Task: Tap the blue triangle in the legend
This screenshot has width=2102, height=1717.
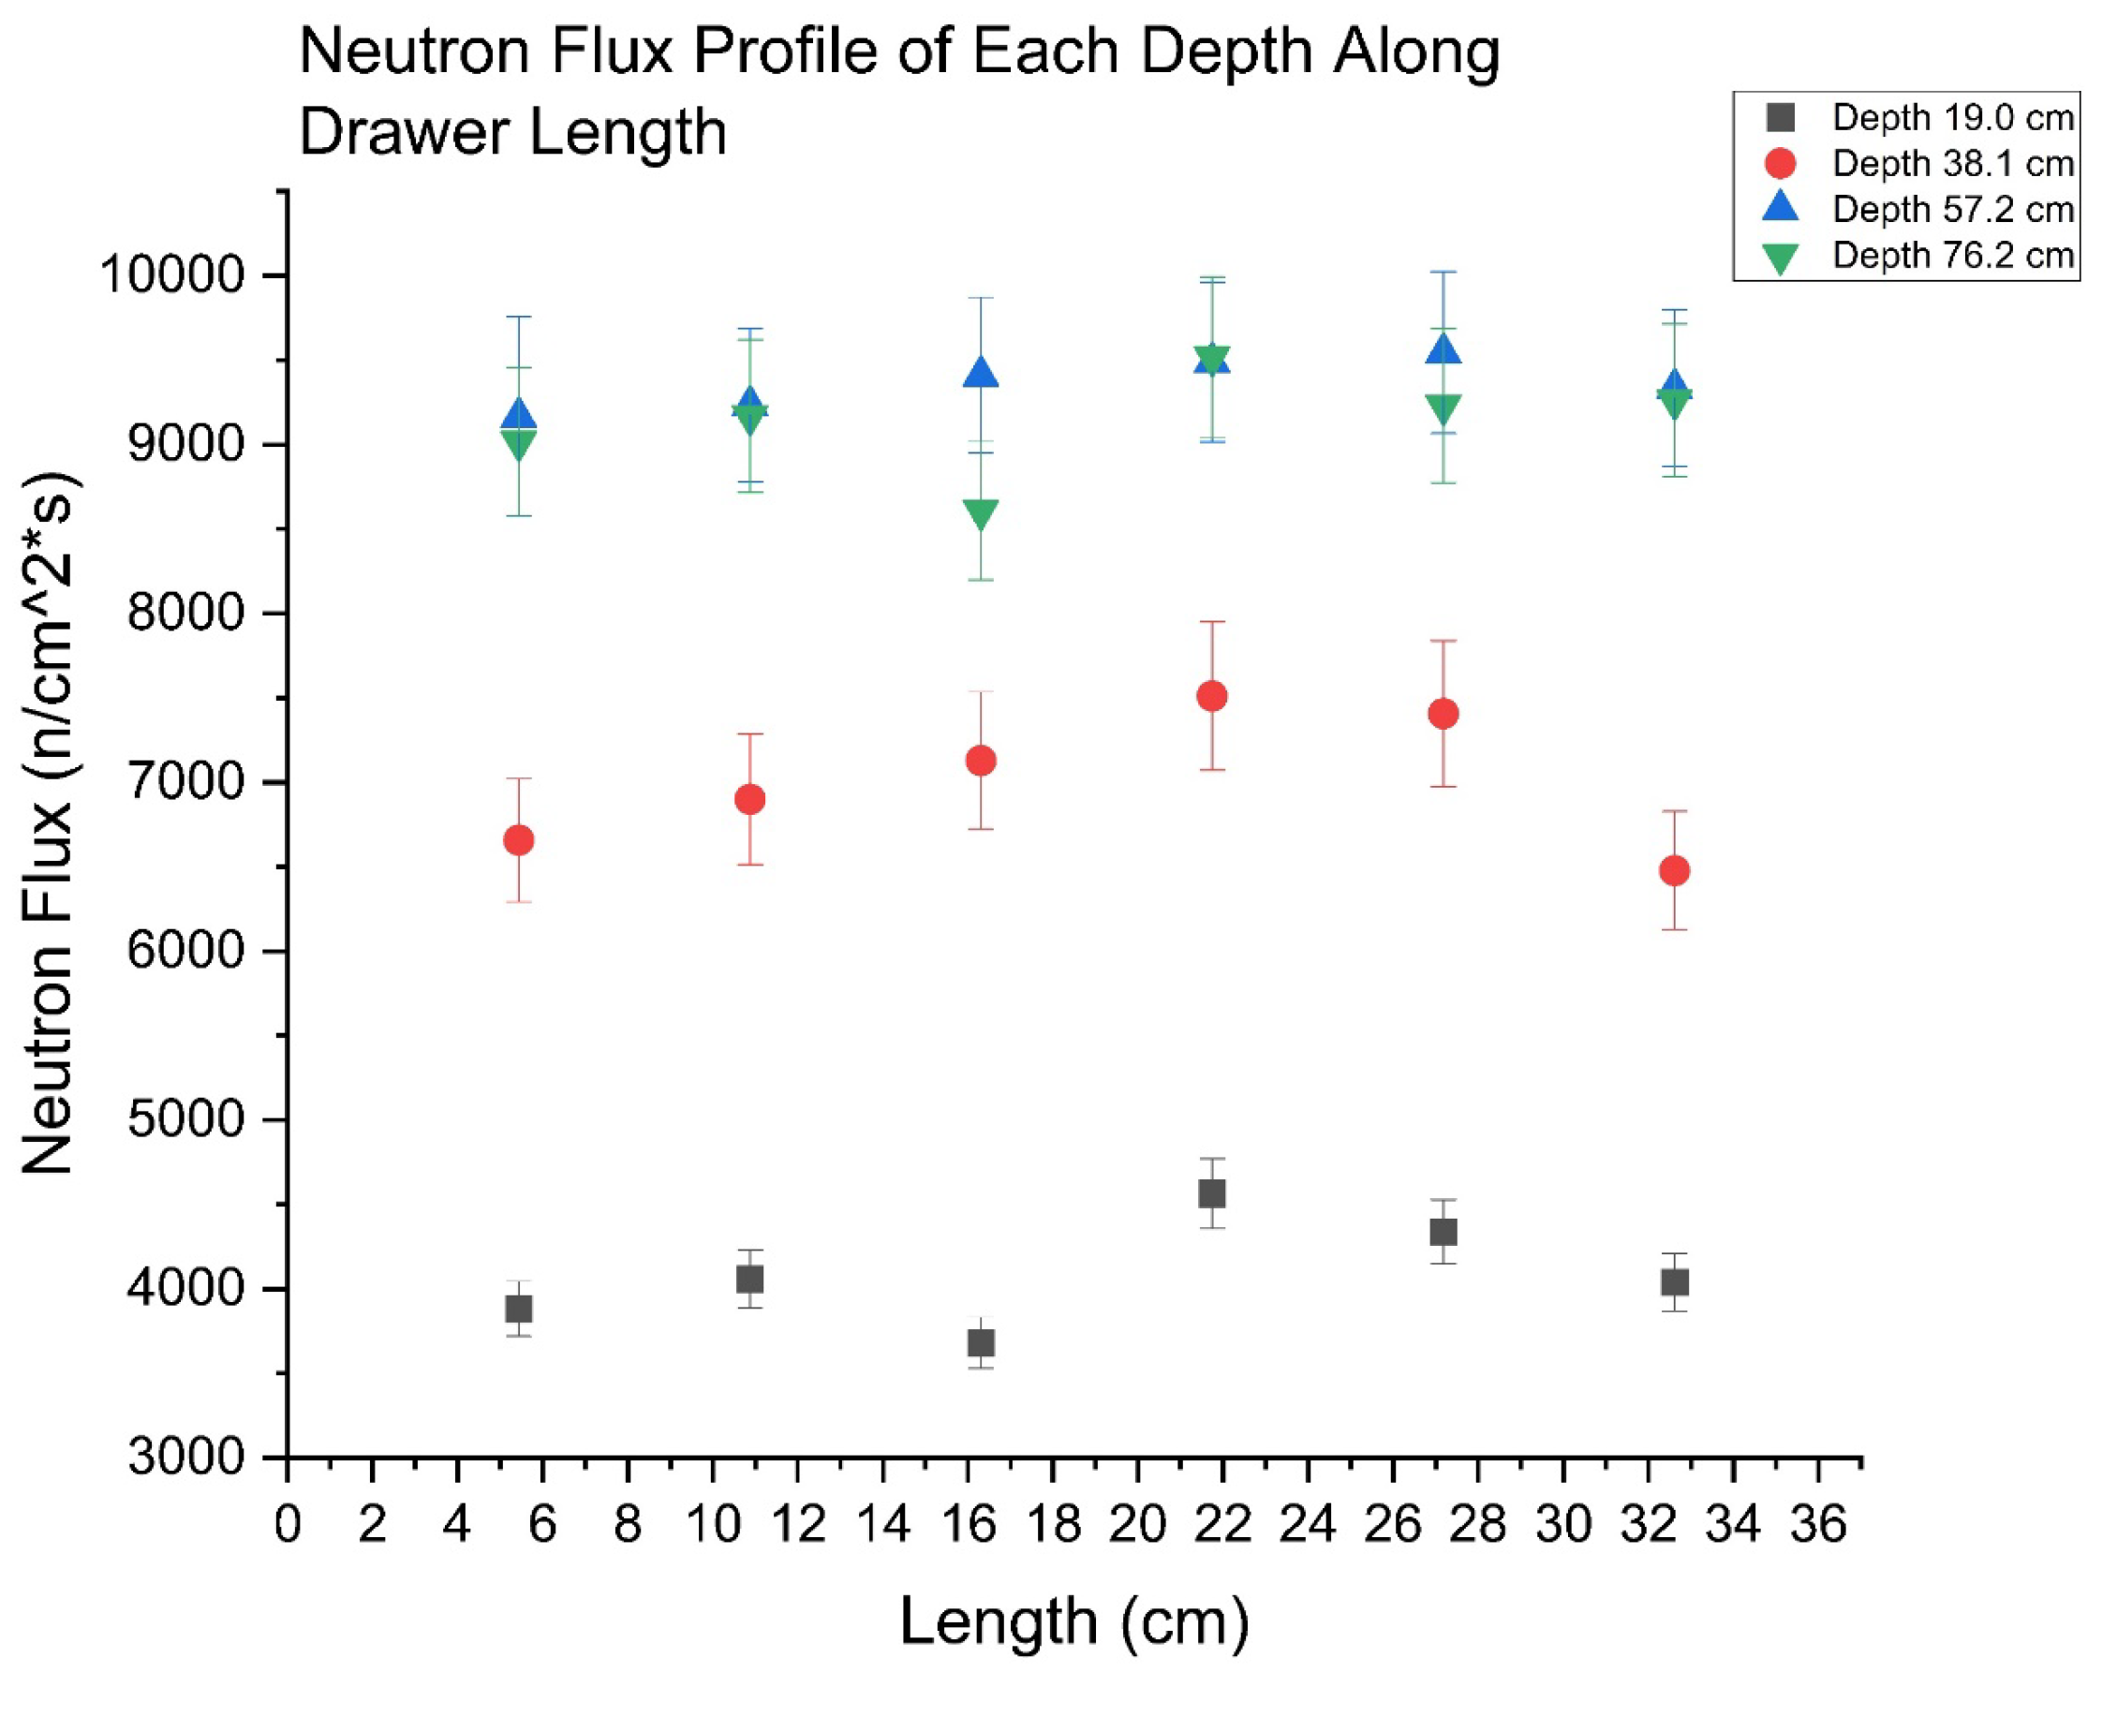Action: click(x=1780, y=208)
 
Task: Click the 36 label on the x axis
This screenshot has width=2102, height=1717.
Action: click(x=1818, y=1524)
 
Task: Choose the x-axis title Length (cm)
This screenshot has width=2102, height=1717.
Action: click(x=1074, y=1622)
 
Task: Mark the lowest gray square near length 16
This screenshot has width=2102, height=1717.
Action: click(x=980, y=1343)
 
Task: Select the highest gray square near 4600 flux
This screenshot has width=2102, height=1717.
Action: click(x=1212, y=1193)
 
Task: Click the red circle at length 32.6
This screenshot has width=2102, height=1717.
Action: click(x=1674, y=870)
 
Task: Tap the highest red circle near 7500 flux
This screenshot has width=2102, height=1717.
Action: click(x=1212, y=696)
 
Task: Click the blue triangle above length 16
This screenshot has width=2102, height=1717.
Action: click(x=980, y=374)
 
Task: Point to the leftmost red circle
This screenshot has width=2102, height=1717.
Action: click(x=519, y=839)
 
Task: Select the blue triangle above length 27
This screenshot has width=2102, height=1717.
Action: click(x=1443, y=350)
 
